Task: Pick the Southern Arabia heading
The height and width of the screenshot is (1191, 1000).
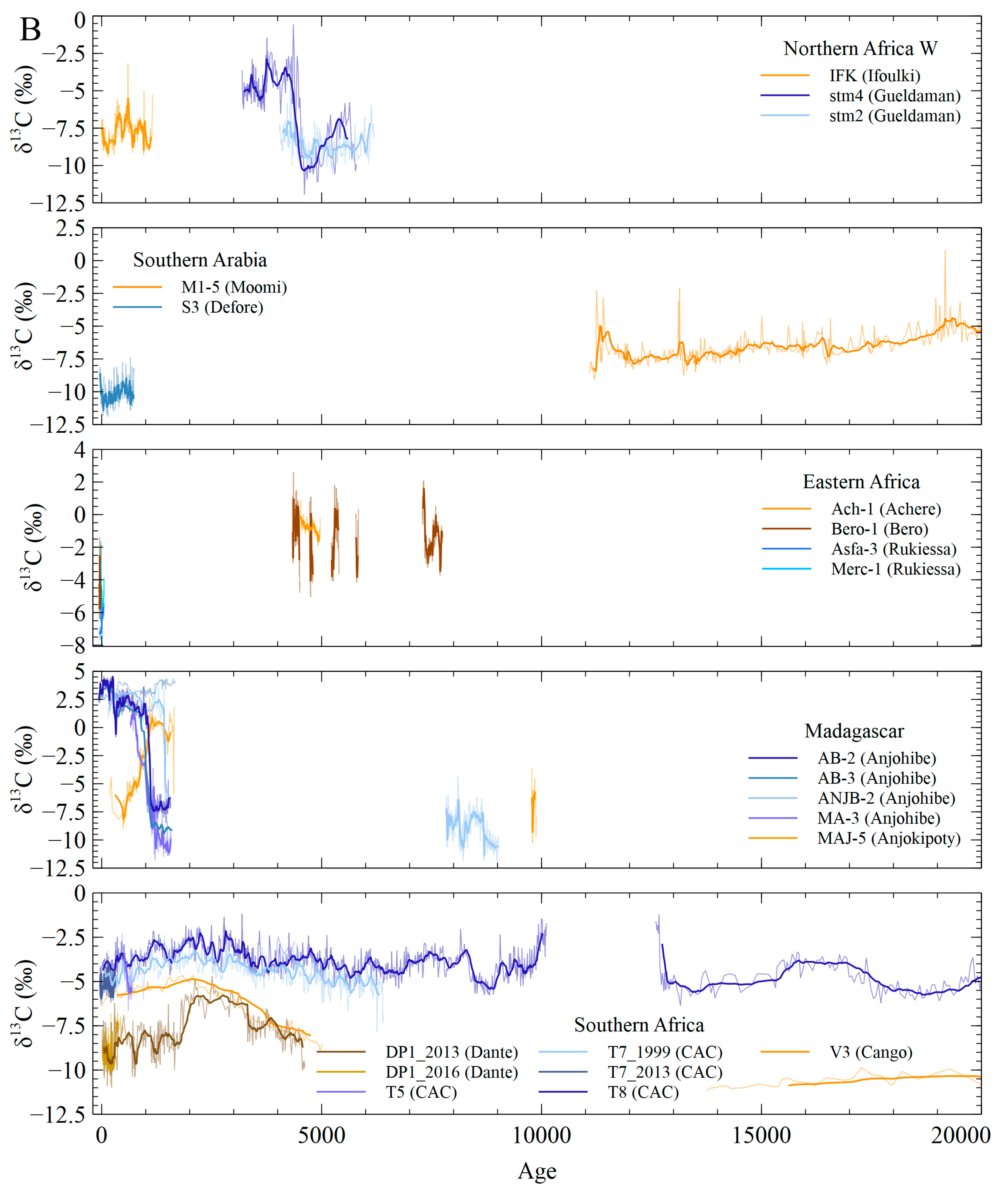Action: [x=200, y=260]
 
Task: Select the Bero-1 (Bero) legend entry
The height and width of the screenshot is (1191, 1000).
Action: [x=879, y=529]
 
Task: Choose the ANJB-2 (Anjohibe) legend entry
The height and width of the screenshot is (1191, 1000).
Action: [x=886, y=798]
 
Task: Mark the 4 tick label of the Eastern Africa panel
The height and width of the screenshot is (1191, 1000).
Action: [x=79, y=450]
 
